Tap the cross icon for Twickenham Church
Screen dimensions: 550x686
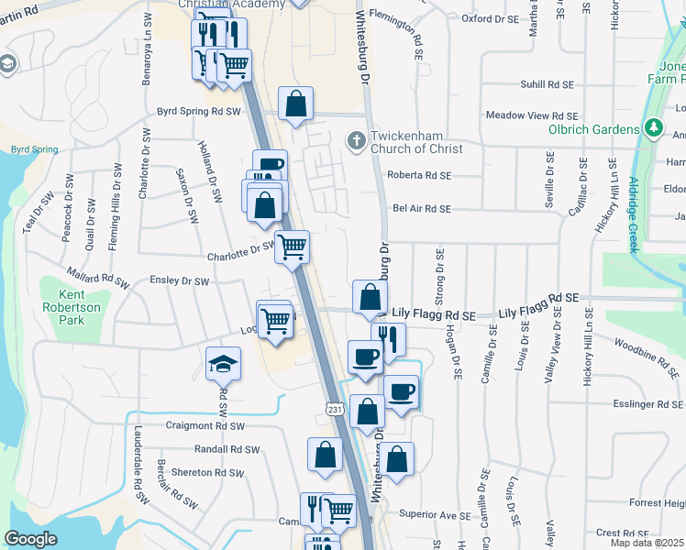point(356,141)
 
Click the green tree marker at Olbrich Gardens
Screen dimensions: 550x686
point(654,126)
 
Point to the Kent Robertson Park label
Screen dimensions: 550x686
point(79,301)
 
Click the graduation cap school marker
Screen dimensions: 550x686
point(223,365)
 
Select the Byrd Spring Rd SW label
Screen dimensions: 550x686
point(198,111)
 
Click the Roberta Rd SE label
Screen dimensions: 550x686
point(420,174)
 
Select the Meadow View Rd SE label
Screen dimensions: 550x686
point(532,115)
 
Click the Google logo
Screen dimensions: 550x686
point(30,539)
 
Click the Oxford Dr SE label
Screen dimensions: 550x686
point(489,17)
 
